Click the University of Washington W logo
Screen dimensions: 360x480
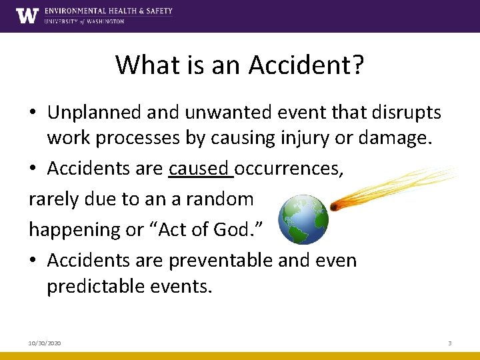point(27,15)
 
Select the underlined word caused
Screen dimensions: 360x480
point(198,169)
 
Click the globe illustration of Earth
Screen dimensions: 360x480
point(303,220)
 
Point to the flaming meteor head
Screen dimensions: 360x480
point(335,206)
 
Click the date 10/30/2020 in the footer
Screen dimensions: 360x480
point(45,343)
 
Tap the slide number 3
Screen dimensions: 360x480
point(450,343)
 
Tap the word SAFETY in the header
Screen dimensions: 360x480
point(157,11)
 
